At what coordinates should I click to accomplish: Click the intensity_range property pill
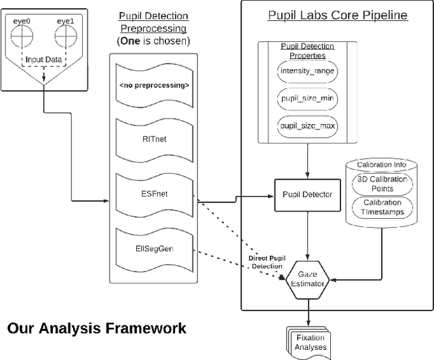(x=309, y=71)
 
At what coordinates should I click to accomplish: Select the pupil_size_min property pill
(x=309, y=99)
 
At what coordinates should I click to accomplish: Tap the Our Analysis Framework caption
(x=96, y=329)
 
